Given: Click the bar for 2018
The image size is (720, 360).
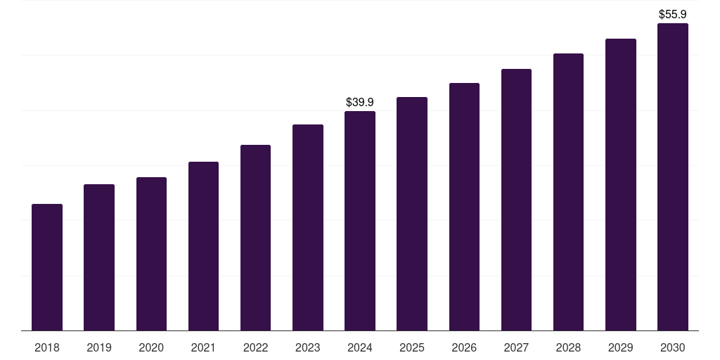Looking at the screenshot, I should pos(47,267).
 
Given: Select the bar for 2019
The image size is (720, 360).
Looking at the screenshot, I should pos(99,257).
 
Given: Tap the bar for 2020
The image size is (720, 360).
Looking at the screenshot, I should pos(151,254).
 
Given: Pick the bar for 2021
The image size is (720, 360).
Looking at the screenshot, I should pos(203,246).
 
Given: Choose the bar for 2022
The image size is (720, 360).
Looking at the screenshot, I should pos(255,238).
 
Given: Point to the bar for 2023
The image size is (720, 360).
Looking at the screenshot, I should pos(308,228).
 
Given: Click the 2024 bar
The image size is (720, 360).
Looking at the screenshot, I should pos(360,221).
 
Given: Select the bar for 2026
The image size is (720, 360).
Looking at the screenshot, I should pos(464,207).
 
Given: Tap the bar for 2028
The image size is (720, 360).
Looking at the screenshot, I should pos(568,192).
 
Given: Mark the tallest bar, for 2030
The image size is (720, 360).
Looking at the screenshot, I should pos(672,177).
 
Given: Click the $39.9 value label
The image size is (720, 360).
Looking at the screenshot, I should pos(360,103).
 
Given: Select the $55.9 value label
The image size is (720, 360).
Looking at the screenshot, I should pos(672,14).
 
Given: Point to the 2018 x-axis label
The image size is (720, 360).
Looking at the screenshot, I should pos(47,348).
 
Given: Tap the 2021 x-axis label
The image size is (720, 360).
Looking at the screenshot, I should pos(203,348).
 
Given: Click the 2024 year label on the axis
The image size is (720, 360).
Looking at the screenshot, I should pos(360,348).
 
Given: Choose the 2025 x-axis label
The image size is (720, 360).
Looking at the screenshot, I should pos(412,348).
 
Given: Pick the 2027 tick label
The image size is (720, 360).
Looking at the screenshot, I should pos(516,348).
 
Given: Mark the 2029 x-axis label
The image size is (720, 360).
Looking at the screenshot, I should pos(620,348).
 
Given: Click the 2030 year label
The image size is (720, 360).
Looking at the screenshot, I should pos(672,348).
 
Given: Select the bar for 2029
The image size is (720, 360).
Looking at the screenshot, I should pos(620,184).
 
